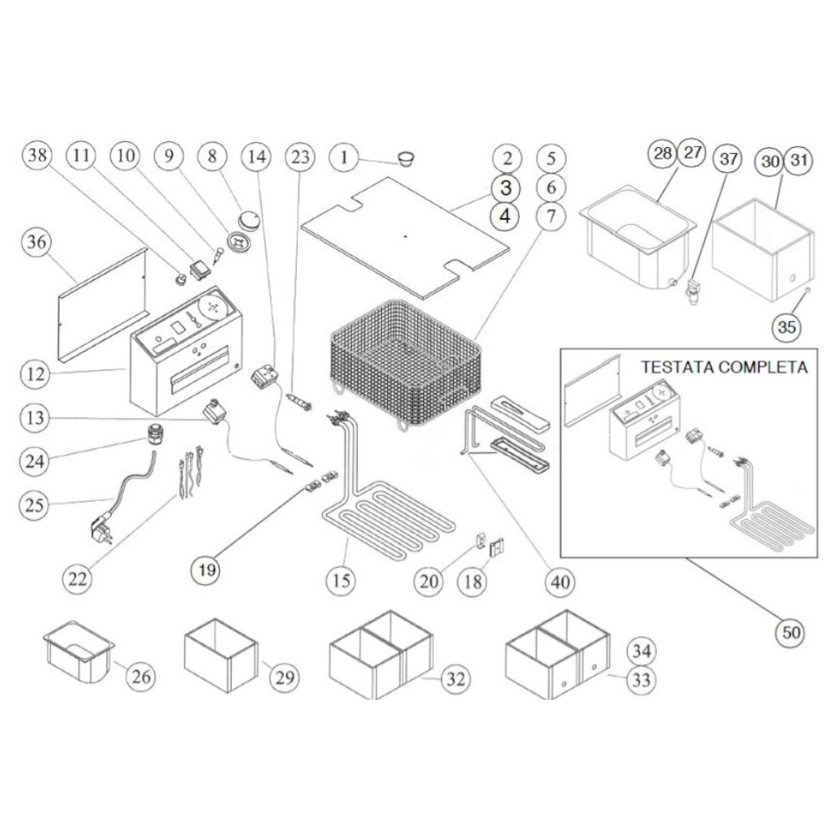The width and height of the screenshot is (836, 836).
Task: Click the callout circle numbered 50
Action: pos(791,632)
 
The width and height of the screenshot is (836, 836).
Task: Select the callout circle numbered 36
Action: pos(37,242)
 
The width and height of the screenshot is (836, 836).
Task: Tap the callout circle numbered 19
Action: pos(206,570)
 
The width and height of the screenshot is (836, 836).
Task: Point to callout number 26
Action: pos(141,676)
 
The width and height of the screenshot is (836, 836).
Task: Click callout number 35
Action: pos(787,326)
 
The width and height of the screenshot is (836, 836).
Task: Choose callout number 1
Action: pos(344,157)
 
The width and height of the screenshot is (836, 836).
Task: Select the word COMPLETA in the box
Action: pos(762,367)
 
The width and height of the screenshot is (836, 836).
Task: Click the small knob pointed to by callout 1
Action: pos(406,159)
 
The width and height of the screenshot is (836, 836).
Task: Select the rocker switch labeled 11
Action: pos(200,269)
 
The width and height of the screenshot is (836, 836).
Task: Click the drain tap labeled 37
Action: pos(692,291)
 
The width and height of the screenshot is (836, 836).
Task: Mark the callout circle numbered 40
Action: pos(560,582)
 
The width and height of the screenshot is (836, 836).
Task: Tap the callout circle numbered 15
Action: pos(341,579)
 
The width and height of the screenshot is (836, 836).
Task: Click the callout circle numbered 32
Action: pos(456,679)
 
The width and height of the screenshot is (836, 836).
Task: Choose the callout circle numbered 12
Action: pos(35,374)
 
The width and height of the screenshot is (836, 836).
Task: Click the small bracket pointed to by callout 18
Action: pos(497,547)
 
